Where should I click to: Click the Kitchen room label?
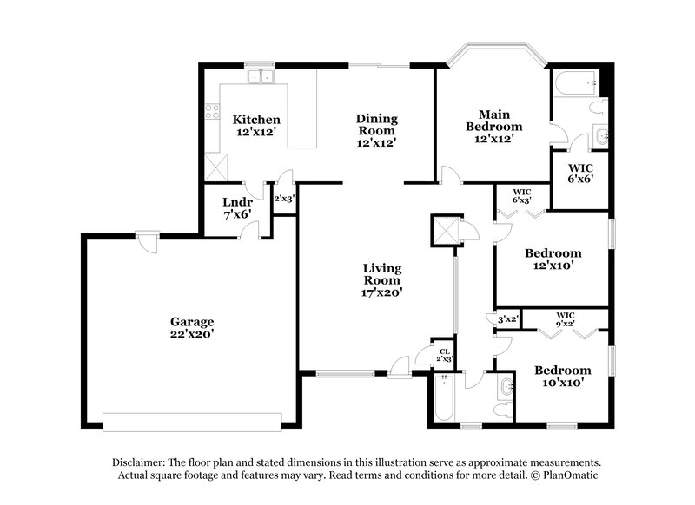[255, 119]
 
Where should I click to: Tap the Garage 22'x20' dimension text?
[192, 333]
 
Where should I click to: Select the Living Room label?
[382, 273]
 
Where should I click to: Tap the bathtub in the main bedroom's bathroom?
[574, 84]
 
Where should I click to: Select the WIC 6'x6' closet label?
[580, 172]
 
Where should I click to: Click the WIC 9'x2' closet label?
[566, 318]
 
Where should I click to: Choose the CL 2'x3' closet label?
[444, 355]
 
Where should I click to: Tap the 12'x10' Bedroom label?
[553, 259]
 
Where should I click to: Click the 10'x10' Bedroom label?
[562, 375]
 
